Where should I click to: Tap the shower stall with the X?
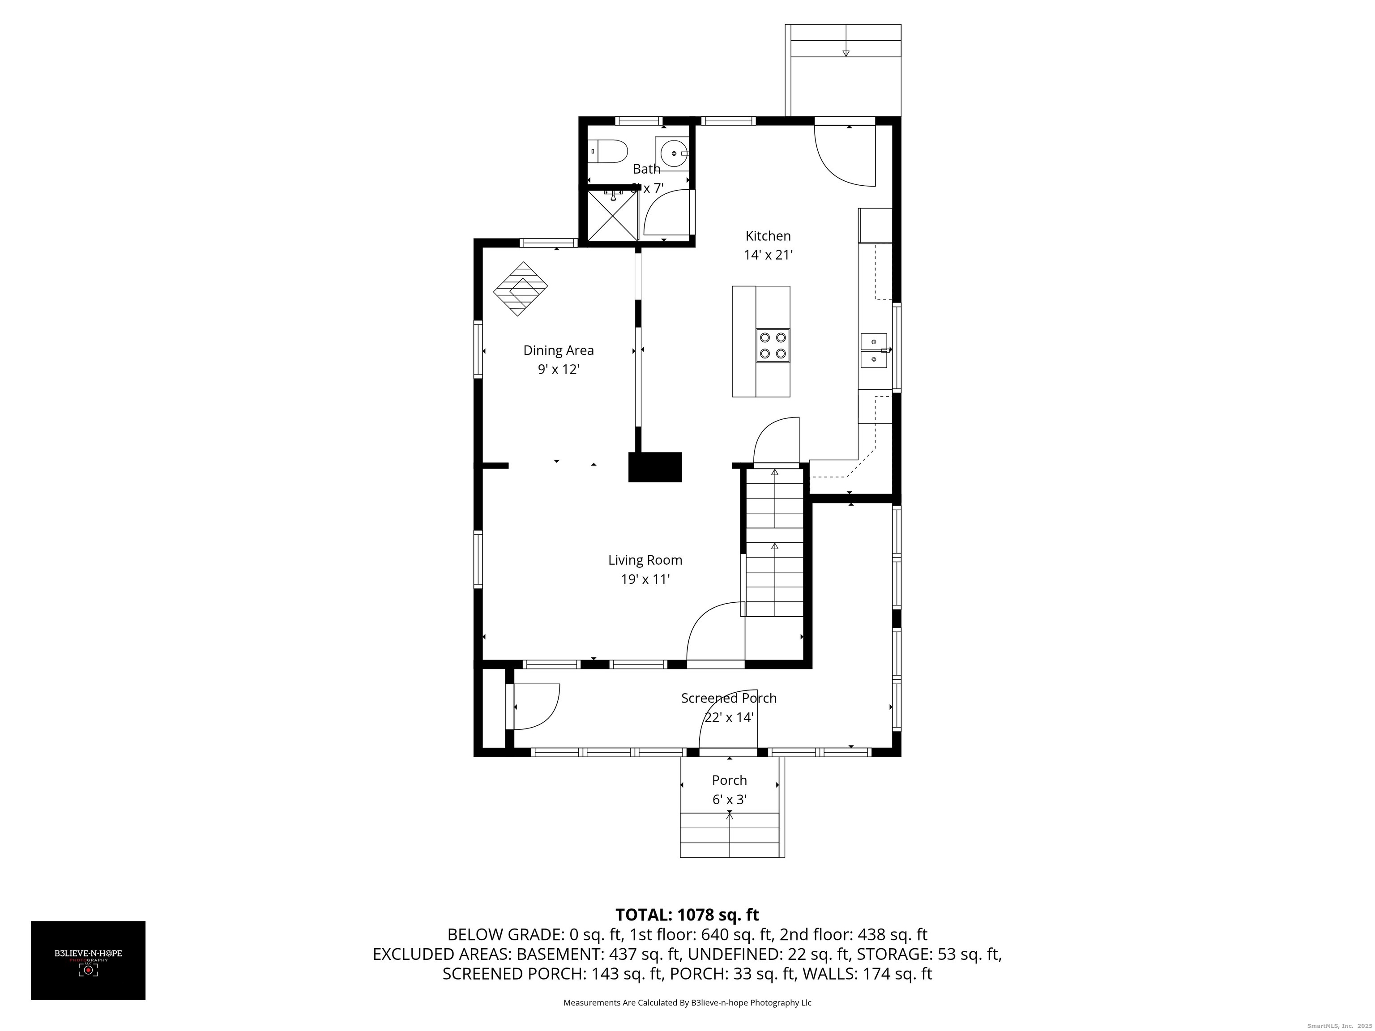613,214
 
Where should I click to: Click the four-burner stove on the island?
773,345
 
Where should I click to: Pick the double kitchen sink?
873,350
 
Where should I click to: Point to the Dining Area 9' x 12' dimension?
558,370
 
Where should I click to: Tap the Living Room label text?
645,560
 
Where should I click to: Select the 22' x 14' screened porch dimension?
729,717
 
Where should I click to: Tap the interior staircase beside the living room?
774,541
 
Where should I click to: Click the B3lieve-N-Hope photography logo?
88,960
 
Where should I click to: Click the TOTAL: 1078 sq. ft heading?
687,915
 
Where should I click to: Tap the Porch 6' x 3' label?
729,789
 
